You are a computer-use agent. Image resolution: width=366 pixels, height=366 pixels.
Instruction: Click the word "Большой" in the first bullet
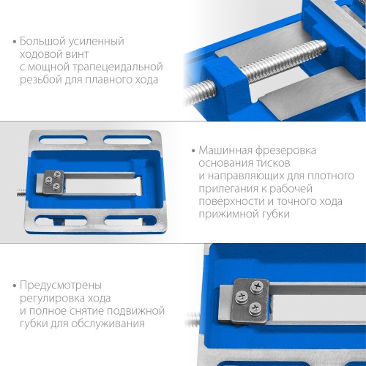42,42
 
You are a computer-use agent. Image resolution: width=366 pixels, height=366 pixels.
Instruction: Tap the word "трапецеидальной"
122,67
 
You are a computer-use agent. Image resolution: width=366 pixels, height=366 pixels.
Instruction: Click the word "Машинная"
225,150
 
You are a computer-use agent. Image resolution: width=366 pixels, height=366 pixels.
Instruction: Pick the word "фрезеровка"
285,151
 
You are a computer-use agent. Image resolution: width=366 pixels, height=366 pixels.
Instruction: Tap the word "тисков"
274,163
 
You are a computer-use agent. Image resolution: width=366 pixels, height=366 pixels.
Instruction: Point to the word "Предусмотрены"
61,285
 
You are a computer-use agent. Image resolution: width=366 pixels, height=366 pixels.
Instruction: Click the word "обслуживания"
108,324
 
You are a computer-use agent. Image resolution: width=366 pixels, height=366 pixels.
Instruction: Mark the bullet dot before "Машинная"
193,151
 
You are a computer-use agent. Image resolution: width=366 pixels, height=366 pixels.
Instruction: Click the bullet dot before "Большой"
15,42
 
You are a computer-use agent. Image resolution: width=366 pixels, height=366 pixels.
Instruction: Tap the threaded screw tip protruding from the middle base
20,192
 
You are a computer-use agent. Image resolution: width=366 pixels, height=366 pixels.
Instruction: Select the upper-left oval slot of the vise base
63,141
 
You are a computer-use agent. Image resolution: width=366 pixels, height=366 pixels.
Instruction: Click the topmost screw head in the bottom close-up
257,285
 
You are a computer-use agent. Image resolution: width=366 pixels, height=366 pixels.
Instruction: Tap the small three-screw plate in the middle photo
53,182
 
